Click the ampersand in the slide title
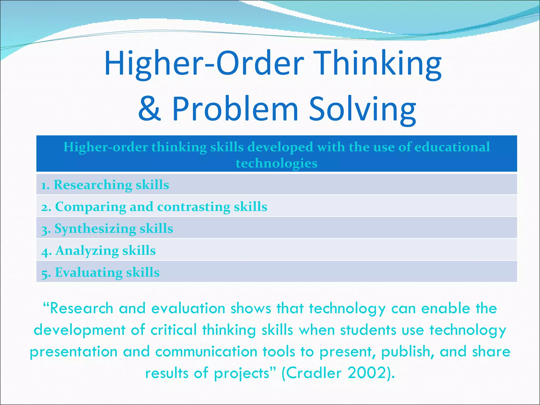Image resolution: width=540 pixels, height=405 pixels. pos(150,109)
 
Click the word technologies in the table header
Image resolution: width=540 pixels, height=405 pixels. pos(277,163)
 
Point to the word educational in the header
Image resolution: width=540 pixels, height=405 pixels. pos(452,147)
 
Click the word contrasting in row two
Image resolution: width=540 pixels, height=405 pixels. pos(194,207)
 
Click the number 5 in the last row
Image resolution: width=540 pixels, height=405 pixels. pos(45,273)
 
